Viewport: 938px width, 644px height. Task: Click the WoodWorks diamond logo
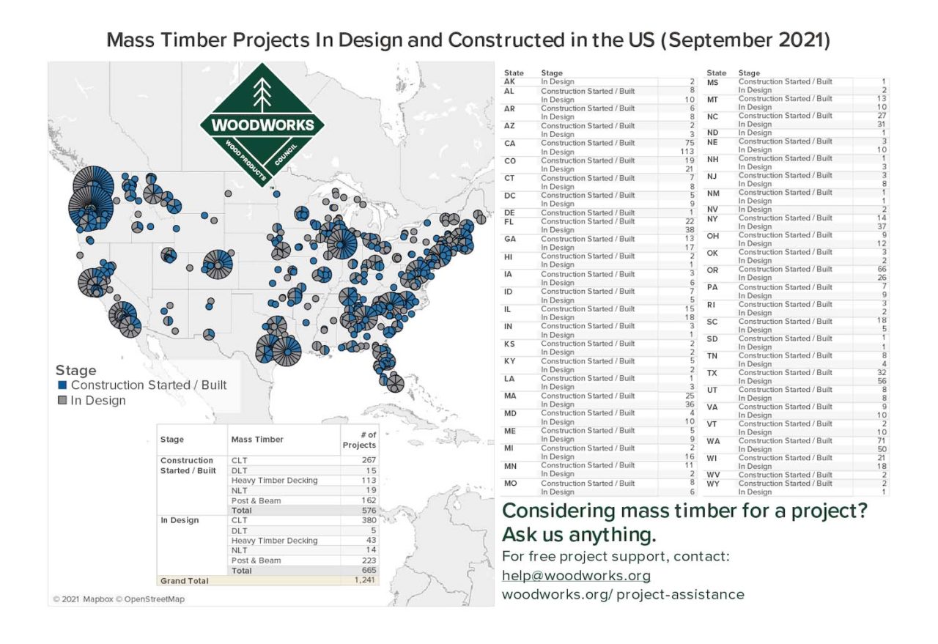coord(262,124)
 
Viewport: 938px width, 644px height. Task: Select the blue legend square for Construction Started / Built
coord(62,385)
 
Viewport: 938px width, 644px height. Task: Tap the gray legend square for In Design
coord(62,400)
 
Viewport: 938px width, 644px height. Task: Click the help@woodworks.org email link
coord(576,575)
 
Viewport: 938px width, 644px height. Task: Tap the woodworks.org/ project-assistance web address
coord(623,594)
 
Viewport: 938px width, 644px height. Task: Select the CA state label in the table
coord(510,144)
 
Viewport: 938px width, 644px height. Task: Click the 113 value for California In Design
coord(686,152)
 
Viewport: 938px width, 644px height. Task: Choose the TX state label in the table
coord(712,373)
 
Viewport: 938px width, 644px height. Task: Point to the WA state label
coord(713,441)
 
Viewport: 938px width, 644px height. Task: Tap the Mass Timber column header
coord(257,440)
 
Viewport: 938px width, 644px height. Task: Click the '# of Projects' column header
coord(358,440)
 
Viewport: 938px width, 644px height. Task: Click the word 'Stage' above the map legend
coord(75,371)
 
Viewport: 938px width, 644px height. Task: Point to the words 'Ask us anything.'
coord(578,534)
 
